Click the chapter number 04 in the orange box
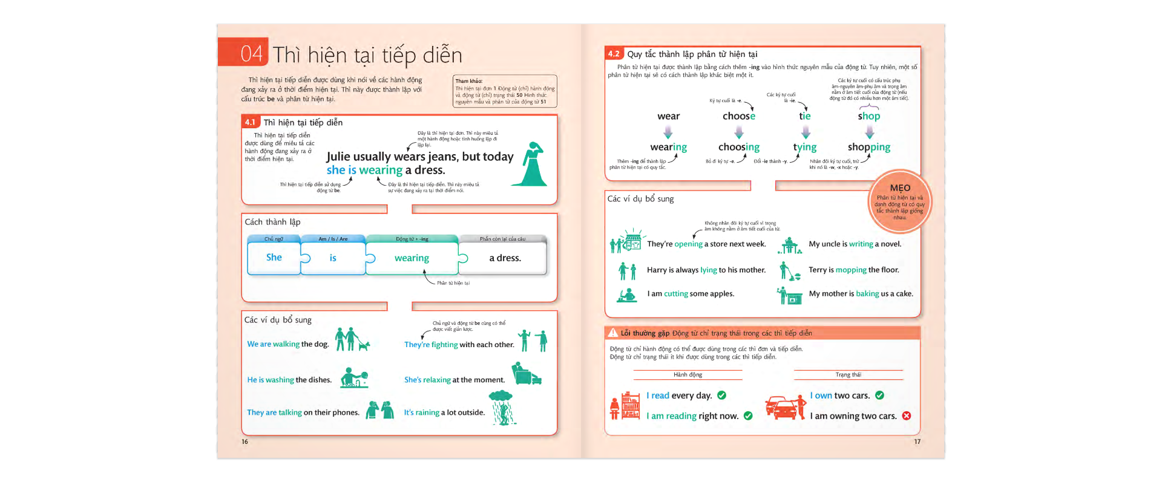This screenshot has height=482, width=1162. coord(251,54)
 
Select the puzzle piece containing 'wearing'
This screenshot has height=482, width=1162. coord(412,258)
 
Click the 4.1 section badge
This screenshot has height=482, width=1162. coord(250,122)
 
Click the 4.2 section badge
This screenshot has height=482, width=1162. coord(614,54)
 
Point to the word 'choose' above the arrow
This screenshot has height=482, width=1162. coord(738,116)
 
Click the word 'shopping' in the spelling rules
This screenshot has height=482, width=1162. coord(868,147)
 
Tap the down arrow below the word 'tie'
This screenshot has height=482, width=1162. coord(806,132)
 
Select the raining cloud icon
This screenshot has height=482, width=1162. coord(501,406)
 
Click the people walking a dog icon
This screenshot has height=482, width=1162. coord(352,340)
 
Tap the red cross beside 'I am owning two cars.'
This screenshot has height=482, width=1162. coord(906,415)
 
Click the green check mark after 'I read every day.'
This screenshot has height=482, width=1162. coord(721,395)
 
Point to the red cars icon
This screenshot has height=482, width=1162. coord(784,408)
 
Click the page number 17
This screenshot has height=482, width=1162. coord(917,441)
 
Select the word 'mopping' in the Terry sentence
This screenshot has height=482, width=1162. coord(851,270)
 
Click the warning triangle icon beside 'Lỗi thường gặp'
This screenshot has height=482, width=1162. coord(612,333)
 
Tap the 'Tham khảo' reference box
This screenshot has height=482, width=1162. coord(505,91)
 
